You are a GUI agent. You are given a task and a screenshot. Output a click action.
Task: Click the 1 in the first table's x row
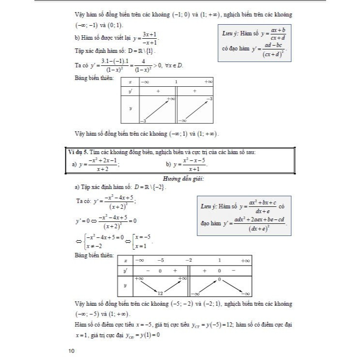tap(176, 82)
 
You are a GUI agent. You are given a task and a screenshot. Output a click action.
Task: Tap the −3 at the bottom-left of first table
tap(143, 120)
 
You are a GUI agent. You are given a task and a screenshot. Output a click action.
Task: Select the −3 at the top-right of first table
tap(209, 99)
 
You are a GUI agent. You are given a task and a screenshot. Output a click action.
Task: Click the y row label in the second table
tap(125, 286)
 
